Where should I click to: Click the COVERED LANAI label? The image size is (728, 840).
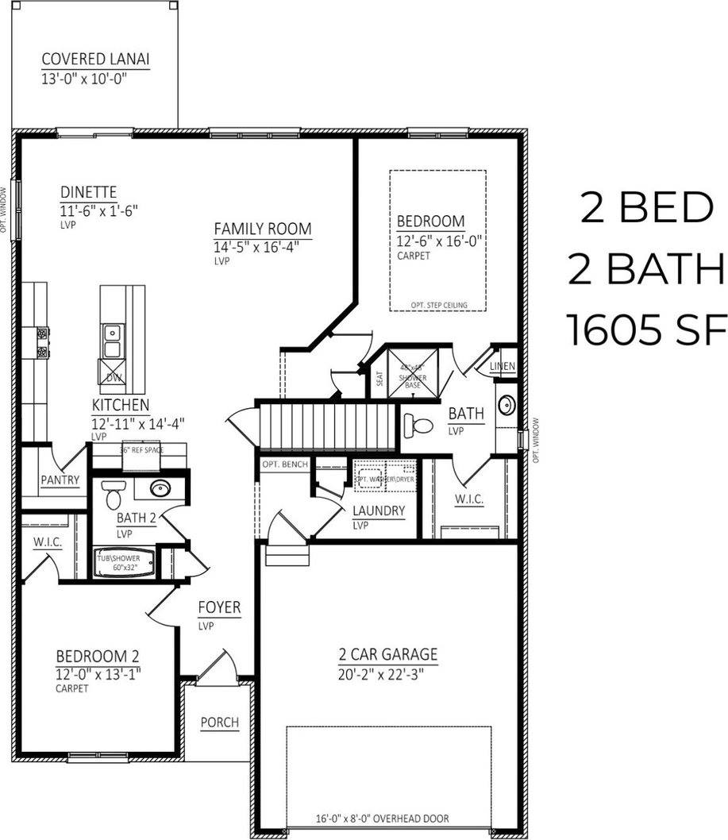96,60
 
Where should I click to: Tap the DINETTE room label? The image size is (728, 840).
89,192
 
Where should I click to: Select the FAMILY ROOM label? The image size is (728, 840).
263,229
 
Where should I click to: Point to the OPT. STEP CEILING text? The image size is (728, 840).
438,305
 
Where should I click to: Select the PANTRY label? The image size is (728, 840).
60,480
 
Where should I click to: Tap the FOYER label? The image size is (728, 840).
219,608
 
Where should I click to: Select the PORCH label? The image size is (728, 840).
219,722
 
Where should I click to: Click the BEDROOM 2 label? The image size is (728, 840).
98,657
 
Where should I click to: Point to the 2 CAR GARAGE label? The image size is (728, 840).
387,655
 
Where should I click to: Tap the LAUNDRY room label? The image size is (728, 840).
379,511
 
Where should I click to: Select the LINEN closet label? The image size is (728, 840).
503,367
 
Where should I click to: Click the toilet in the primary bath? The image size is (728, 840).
417,426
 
